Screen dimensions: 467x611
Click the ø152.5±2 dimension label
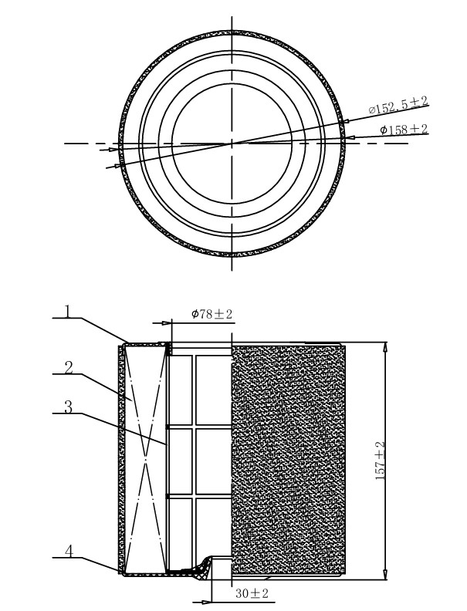pyautogui.click(x=398, y=105)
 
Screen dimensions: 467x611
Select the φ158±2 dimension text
pyautogui.click(x=404, y=130)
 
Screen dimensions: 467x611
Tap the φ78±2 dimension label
pyautogui.click(x=212, y=314)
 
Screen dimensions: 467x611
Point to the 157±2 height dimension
pyautogui.click(x=380, y=461)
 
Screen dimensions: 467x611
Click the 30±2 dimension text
pyautogui.click(x=252, y=593)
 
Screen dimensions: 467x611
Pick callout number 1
pyautogui.click(x=68, y=312)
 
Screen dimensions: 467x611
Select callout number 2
pyautogui.click(x=69, y=367)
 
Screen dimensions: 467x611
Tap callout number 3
pyautogui.click(x=68, y=407)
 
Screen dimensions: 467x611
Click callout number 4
pyautogui.click(x=69, y=551)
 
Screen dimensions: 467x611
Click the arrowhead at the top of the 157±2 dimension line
pyautogui.click(x=386, y=346)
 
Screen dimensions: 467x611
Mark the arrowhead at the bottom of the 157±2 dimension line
pyautogui.click(x=385, y=575)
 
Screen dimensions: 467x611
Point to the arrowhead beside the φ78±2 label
pyautogui.click(x=167, y=323)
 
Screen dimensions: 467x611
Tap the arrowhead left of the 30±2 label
pyautogui.click(x=207, y=602)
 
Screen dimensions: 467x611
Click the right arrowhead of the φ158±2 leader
pyautogui.click(x=350, y=137)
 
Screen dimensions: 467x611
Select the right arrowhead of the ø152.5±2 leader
pyautogui.click(x=343, y=121)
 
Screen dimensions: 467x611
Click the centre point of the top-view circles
pyautogui.click(x=232, y=143)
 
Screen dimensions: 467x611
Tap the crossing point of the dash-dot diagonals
pyautogui.click(x=145, y=460)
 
